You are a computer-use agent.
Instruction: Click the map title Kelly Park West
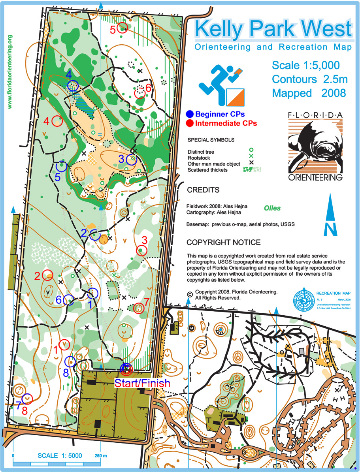click(273, 29)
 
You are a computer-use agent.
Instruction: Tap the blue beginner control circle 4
click(73, 86)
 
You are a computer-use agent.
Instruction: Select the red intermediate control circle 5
click(123, 27)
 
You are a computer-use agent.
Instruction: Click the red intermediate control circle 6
click(139, 94)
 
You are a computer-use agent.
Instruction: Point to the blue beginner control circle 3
click(131, 160)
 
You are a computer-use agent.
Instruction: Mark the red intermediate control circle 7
click(139, 308)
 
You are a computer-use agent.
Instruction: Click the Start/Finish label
click(142, 383)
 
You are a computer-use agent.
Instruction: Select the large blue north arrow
click(330, 217)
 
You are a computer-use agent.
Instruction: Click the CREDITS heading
click(203, 190)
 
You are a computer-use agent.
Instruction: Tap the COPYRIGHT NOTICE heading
click(223, 242)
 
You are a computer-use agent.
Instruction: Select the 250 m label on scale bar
click(101, 455)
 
